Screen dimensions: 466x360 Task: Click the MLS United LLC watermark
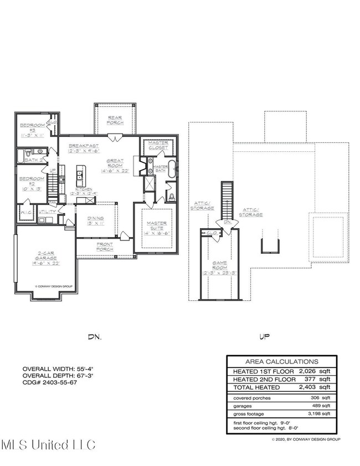[x=49, y=444]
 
